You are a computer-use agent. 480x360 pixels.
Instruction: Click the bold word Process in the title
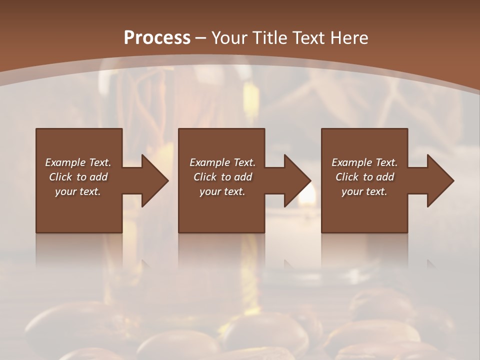[x=157, y=38]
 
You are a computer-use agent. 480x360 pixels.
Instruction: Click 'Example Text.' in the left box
[x=78, y=162]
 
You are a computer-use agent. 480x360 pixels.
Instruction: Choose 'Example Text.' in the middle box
[x=222, y=162]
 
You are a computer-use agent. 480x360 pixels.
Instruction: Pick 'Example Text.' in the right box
[x=364, y=162]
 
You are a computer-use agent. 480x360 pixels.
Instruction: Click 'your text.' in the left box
[x=78, y=191]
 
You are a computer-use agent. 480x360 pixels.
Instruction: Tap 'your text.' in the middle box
[x=222, y=191]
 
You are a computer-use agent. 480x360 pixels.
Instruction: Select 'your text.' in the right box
[x=364, y=191]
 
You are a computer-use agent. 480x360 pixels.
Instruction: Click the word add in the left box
[x=98, y=177]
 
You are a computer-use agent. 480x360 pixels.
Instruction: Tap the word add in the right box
[x=385, y=177]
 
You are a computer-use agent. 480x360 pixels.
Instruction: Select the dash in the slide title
[x=201, y=38]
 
